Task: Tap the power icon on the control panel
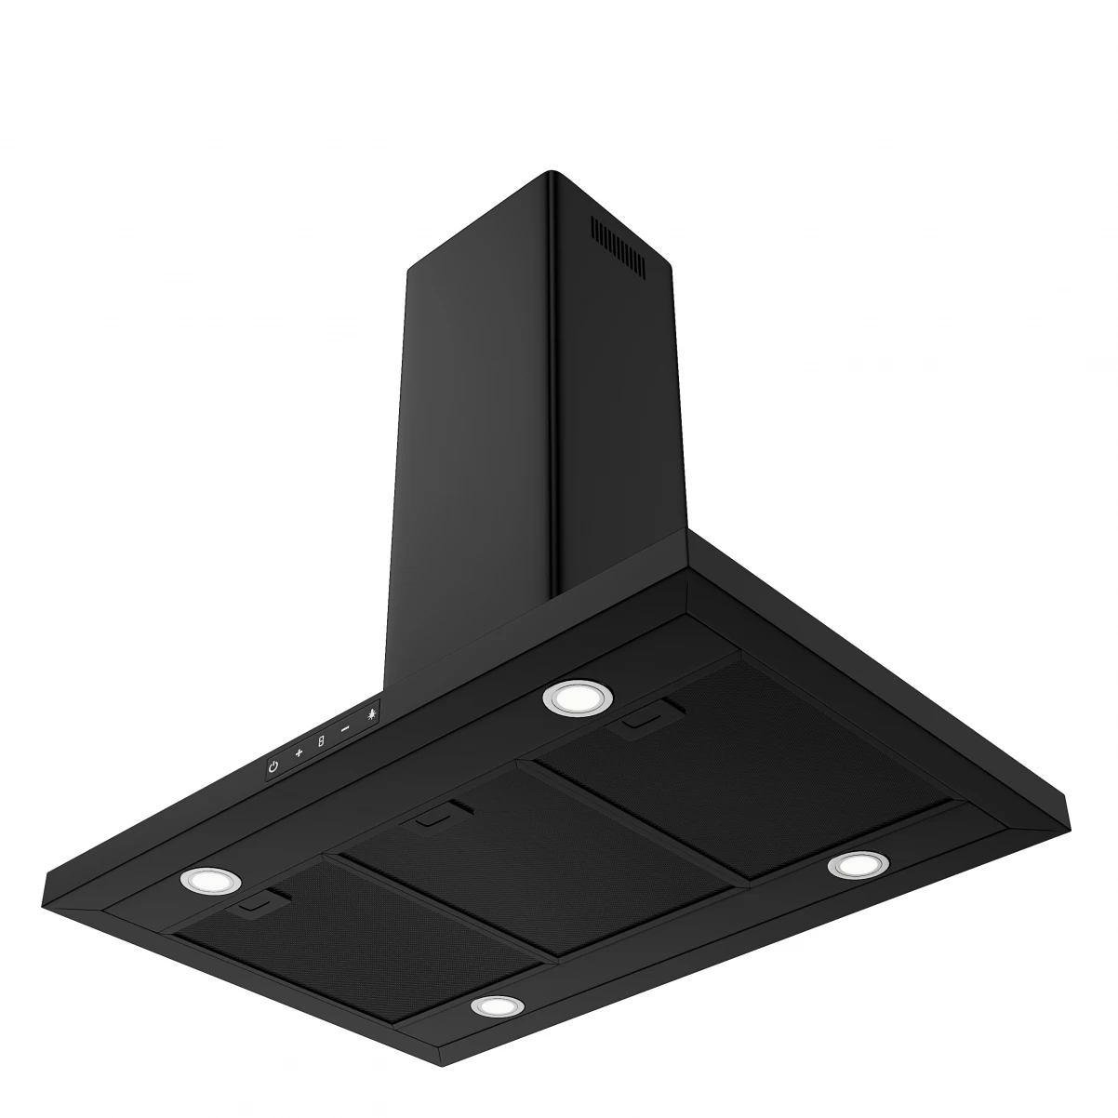point(273,766)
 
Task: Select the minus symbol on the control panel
point(345,728)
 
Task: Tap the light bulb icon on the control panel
point(370,715)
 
